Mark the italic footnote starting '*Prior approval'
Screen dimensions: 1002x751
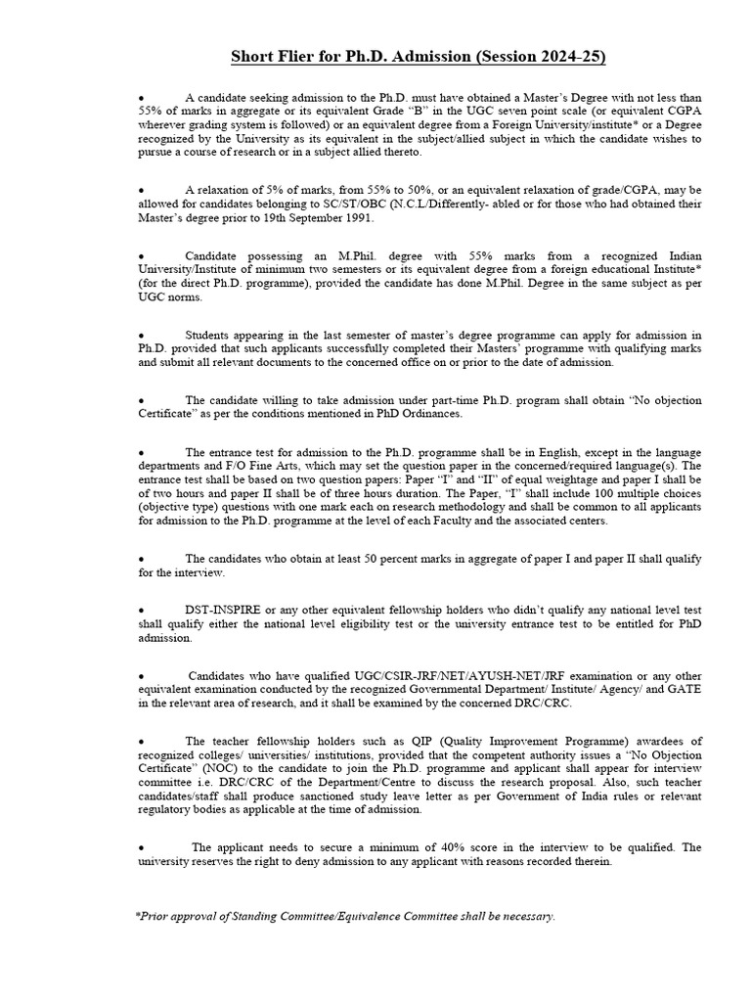click(345, 916)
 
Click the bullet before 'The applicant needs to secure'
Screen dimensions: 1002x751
click(142, 847)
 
